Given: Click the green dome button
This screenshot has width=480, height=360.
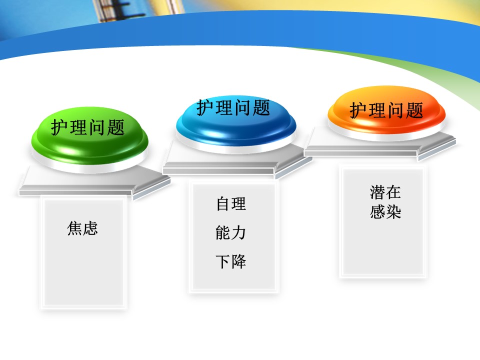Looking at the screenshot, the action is coord(89,136).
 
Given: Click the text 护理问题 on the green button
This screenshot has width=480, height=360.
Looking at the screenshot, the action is coord(88,127).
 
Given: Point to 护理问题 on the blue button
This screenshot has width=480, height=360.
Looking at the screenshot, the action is coord(233,108).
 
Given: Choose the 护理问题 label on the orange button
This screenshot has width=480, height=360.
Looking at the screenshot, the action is coord(386,110).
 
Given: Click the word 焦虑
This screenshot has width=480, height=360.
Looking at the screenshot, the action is coord(82,228).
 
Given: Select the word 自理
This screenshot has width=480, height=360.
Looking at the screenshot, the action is coord(231,204).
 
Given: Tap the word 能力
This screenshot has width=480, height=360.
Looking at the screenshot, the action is coord(231,232).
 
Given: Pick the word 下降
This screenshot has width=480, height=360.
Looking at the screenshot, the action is coord(231,261).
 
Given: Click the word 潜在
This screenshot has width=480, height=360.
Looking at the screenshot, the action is coord(385,192).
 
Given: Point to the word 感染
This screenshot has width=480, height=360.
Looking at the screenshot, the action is coord(385,212).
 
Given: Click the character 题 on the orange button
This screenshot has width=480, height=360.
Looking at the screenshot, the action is coord(415,110).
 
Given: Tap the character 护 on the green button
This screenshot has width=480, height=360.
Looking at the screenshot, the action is coord(59,127).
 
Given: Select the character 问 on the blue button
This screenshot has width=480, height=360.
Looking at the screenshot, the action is coord(242,108).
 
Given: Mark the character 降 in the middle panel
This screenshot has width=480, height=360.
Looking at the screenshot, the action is coord(239,261).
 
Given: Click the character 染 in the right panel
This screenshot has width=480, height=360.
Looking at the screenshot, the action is coord(393,212).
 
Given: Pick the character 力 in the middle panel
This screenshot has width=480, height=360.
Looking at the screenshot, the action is coord(239,232).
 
